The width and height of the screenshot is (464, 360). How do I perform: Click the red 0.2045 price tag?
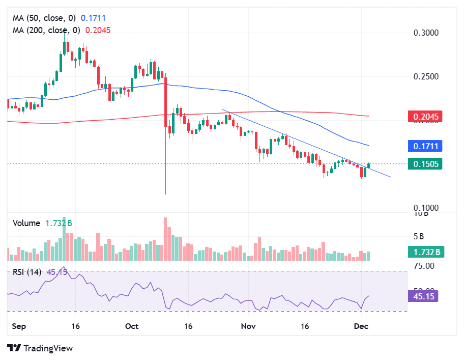(x=425, y=117)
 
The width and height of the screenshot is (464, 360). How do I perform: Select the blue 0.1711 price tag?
(x=425, y=146)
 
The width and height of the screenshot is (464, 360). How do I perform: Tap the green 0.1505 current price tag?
(x=425, y=164)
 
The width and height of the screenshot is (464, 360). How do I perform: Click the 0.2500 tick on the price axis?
(x=425, y=77)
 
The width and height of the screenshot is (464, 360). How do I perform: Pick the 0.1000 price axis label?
(x=425, y=208)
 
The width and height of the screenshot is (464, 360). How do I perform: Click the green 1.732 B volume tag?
(x=425, y=252)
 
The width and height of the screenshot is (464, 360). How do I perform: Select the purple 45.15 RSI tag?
(x=425, y=295)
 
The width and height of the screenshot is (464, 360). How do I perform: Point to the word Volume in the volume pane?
(x=26, y=223)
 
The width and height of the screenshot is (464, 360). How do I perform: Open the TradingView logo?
(x=40, y=348)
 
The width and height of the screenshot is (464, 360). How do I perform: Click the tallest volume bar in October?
(x=165, y=239)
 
